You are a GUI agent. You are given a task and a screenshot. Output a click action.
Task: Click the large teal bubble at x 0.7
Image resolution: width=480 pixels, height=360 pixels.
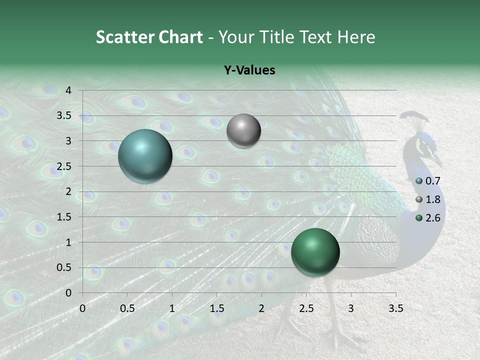pos(145,156)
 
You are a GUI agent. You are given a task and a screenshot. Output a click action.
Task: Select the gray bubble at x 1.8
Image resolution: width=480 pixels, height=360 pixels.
pos(243,131)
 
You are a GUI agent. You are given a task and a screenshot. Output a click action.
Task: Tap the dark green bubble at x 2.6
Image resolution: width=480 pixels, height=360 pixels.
pos(315,252)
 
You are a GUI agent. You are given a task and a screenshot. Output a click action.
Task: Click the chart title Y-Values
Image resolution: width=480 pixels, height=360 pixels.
pos(249,70)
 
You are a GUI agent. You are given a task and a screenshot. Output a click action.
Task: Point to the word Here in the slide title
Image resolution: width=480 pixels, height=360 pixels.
pos(356,37)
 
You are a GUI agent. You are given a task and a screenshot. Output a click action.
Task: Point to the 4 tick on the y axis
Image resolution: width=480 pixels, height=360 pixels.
pos(69,90)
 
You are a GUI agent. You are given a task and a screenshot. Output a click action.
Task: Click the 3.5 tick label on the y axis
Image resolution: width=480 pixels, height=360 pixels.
pos(64,116)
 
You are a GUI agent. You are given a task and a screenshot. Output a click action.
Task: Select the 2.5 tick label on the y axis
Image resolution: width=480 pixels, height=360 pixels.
pos(64,166)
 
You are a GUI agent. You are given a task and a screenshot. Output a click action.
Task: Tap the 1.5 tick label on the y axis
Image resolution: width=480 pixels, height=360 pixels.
pos(64,217)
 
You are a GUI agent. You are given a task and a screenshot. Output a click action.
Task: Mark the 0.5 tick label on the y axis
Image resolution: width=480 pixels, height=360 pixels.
pos(64,267)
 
